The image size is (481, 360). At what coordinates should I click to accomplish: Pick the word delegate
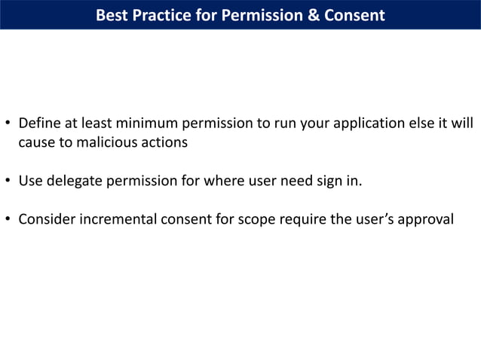(77, 181)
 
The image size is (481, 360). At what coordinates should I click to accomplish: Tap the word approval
(423, 219)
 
